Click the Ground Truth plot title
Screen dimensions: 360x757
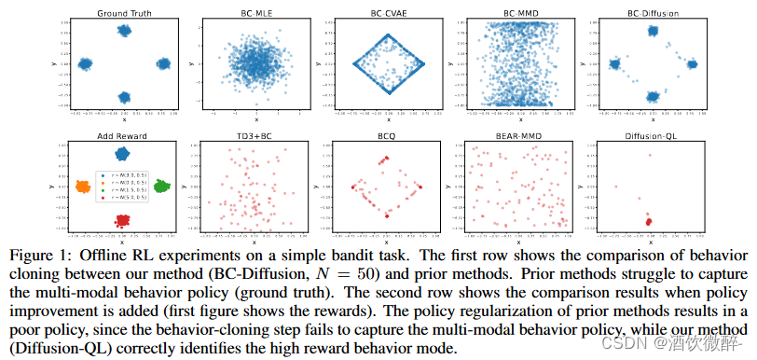coord(124,13)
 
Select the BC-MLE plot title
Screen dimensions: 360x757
coord(255,13)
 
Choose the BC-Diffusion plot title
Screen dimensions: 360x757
coord(653,13)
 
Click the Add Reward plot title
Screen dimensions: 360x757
coord(124,136)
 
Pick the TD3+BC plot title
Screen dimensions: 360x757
coord(255,136)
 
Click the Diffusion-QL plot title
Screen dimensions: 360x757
coord(653,136)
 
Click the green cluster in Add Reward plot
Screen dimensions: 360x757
coord(161,187)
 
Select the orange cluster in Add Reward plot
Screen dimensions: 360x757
coord(85,187)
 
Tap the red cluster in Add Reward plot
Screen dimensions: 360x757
coord(123,220)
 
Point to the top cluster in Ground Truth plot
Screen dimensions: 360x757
coord(124,31)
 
